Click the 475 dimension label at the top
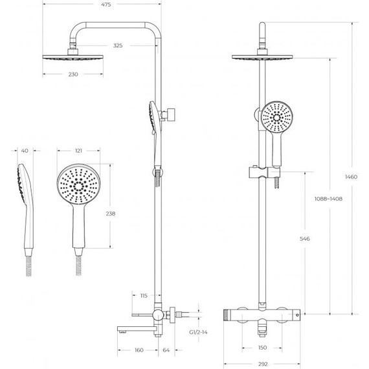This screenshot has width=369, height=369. tap(106, 5)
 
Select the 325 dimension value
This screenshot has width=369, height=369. tap(118, 45)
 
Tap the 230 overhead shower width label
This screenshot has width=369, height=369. tap(73, 74)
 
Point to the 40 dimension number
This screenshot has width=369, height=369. tap(25, 151)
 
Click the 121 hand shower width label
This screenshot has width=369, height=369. tap(78, 151)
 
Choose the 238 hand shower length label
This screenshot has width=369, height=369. tap(111, 214)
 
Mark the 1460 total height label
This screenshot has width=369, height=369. tap(351, 177)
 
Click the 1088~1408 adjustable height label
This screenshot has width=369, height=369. tap(328, 199)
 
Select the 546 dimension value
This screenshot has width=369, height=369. tap(305, 239)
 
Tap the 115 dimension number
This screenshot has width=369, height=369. tap(144, 296)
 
